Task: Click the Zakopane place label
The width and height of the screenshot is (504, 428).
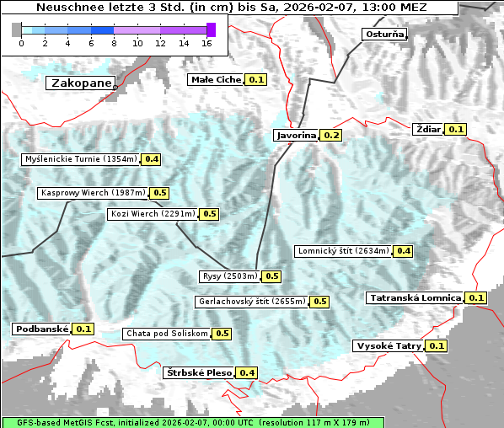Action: (80, 83)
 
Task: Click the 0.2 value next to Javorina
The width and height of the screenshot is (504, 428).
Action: (331, 136)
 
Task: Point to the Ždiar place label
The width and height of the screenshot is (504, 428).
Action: (428, 129)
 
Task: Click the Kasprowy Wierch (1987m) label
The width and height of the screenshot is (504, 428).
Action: (93, 193)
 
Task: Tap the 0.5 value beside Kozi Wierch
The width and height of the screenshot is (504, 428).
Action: (209, 214)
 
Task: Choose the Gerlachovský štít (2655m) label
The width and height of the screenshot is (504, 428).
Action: (251, 301)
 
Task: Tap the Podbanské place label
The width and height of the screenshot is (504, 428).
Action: (40, 329)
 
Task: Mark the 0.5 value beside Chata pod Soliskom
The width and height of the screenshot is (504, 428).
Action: (222, 334)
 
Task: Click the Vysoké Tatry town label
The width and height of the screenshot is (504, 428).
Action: (388, 345)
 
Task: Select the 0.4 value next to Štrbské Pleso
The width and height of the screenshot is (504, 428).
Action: (247, 372)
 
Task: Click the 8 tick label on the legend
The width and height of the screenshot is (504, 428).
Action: (114, 43)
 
